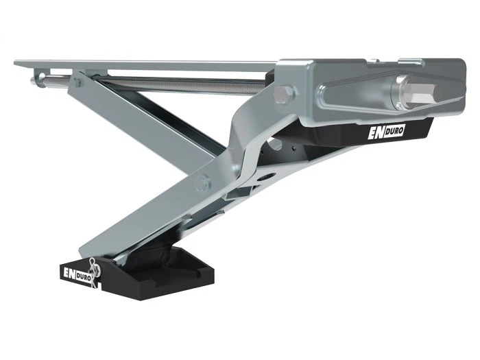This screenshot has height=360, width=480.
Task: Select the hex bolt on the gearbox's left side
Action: [x=285, y=93]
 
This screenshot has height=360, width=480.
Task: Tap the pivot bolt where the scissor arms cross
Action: [x=202, y=182]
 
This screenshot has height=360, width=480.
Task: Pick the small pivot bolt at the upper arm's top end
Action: [x=77, y=82]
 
